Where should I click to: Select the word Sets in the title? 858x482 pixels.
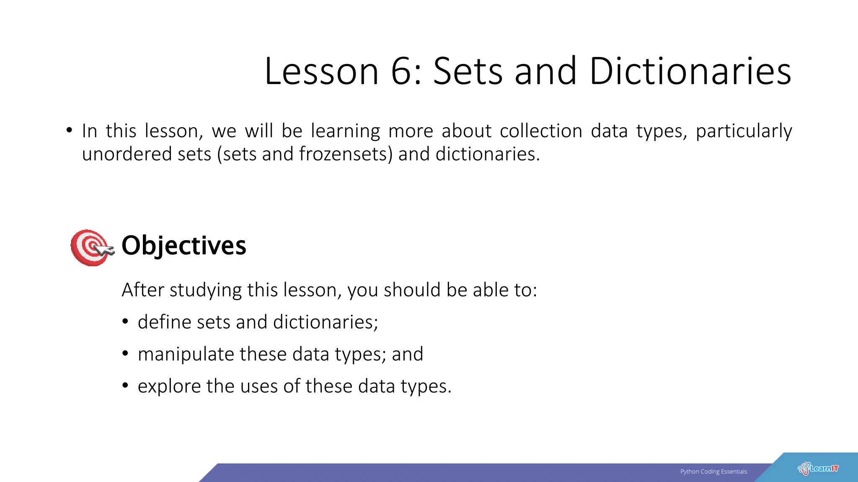(x=468, y=72)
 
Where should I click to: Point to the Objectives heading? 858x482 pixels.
(x=183, y=245)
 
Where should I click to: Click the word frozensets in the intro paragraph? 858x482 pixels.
(x=346, y=154)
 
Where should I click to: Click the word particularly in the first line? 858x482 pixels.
(x=744, y=131)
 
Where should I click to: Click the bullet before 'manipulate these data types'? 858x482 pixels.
(x=125, y=354)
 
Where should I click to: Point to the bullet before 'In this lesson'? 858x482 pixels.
(x=69, y=130)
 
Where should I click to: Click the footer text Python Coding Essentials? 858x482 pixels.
(x=713, y=472)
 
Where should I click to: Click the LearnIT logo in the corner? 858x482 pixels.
(x=818, y=469)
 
